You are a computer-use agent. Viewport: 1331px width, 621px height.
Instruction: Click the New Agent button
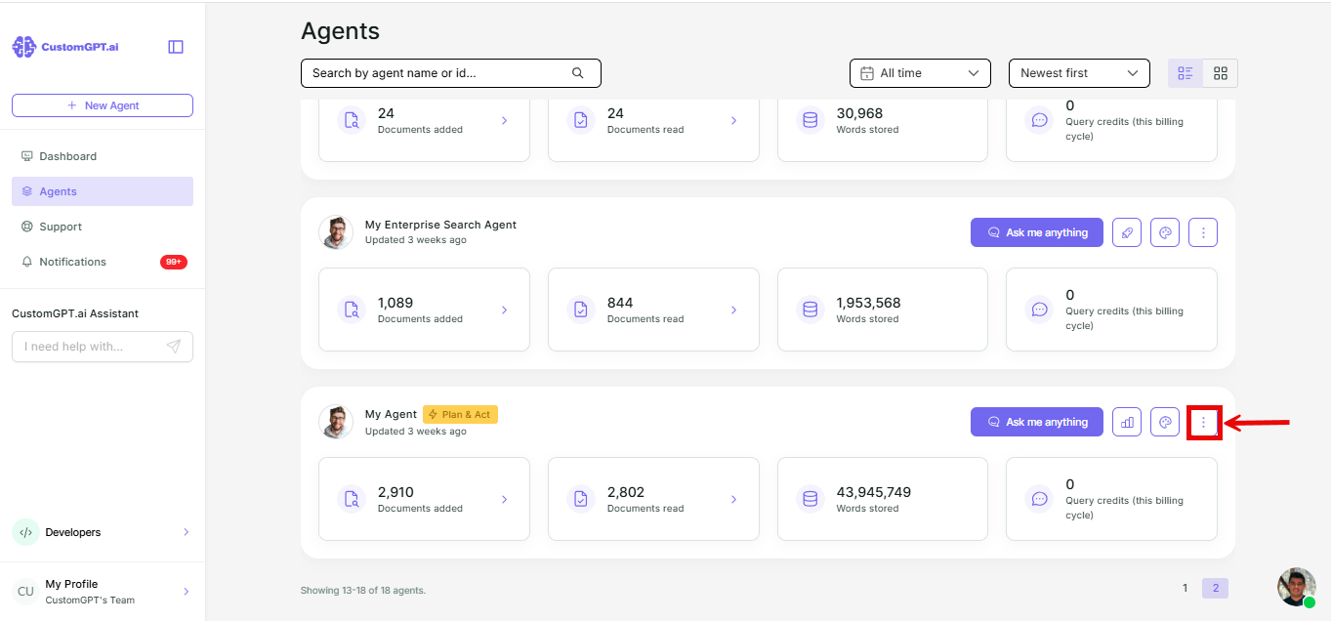pyautogui.click(x=103, y=105)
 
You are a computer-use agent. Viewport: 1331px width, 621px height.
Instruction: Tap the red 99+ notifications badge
pyautogui.click(x=174, y=262)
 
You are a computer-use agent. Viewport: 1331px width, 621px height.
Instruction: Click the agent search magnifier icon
pyautogui.click(x=577, y=73)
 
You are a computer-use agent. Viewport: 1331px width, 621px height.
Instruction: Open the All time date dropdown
pyautogui.click(x=920, y=73)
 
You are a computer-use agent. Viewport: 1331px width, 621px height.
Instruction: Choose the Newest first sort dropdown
pyautogui.click(x=1079, y=73)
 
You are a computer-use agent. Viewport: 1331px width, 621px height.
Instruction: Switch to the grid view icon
pyautogui.click(x=1221, y=73)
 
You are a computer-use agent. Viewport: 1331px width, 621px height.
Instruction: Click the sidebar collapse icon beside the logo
pyautogui.click(x=176, y=47)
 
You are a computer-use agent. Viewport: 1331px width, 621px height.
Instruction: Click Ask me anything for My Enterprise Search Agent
pyautogui.click(x=1037, y=232)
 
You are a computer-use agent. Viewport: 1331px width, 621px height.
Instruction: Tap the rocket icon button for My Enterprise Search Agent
pyautogui.click(x=1127, y=232)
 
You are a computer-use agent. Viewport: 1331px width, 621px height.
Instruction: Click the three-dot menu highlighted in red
pyautogui.click(x=1204, y=423)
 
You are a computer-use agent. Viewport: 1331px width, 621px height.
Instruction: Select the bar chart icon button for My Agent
pyautogui.click(x=1127, y=422)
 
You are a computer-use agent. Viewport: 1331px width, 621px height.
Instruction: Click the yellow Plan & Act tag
pyautogui.click(x=461, y=414)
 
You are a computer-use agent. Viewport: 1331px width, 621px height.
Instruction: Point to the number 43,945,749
pyautogui.click(x=873, y=492)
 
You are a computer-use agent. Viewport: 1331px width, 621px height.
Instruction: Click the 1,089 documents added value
pyautogui.click(x=395, y=303)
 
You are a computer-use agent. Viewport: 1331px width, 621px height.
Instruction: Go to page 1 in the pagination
pyautogui.click(x=1185, y=588)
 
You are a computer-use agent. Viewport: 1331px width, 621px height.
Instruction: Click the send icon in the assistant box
pyautogui.click(x=174, y=347)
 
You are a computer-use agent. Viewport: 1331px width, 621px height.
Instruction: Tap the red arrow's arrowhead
pyautogui.click(x=1232, y=423)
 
